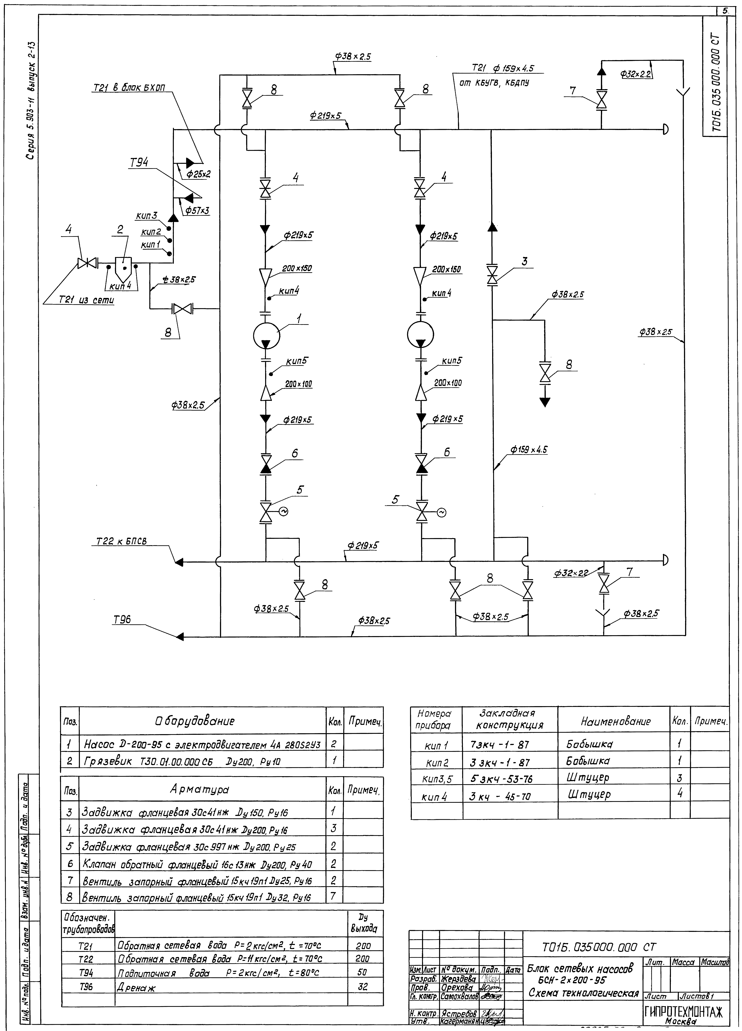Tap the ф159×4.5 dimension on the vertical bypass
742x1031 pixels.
(x=529, y=450)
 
